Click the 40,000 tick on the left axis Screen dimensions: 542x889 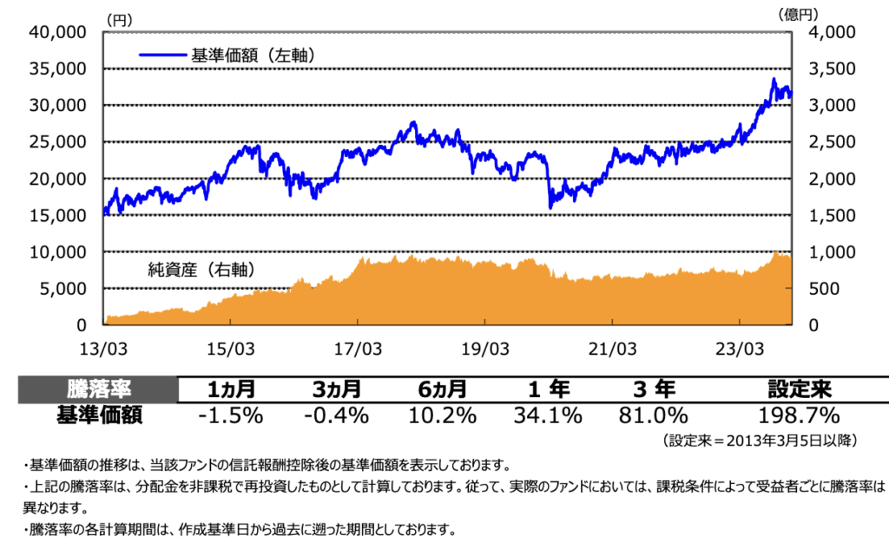(x=58, y=32)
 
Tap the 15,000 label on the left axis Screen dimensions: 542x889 (x=58, y=215)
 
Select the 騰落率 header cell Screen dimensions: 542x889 (x=98, y=389)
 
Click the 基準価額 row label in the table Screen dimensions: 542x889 (x=98, y=415)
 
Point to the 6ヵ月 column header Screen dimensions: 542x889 (x=441, y=389)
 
